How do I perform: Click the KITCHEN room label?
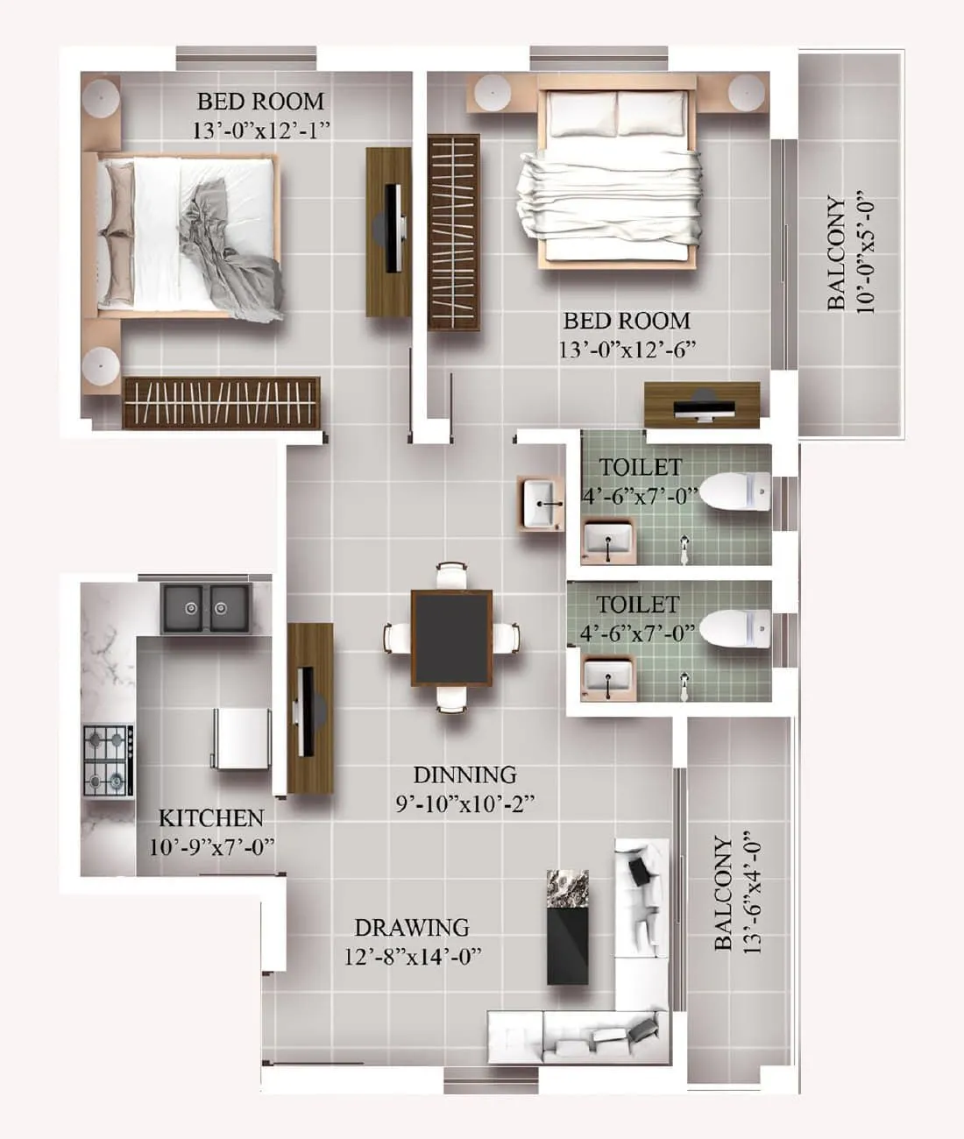(x=210, y=818)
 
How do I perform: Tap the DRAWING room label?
(x=411, y=927)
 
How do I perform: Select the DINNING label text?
(x=464, y=775)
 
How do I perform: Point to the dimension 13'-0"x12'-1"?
(x=260, y=131)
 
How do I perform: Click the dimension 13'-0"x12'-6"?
(x=627, y=350)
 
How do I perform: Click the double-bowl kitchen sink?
(x=205, y=606)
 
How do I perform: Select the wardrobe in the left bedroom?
(x=221, y=402)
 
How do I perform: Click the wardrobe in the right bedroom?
(x=453, y=232)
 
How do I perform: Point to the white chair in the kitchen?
(x=241, y=738)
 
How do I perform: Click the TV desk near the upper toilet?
(x=701, y=405)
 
